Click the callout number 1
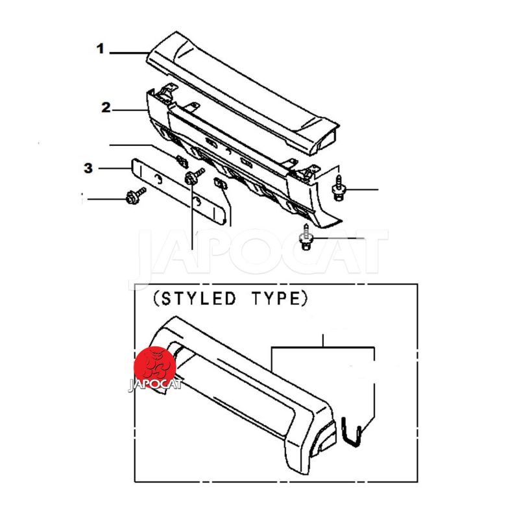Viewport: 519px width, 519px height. [101, 49]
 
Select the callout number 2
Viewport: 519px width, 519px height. [106, 108]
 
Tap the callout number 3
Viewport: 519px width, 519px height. [88, 168]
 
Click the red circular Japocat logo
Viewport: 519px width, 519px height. [155, 367]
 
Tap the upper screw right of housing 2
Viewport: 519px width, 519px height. [338, 188]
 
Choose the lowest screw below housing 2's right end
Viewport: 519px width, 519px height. [306, 237]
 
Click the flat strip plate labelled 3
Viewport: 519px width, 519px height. [179, 192]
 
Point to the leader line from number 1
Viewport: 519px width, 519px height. [129, 53]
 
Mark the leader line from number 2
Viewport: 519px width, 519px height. [129, 110]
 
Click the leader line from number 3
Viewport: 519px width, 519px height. [115, 169]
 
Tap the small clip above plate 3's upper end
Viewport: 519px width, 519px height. [182, 161]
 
